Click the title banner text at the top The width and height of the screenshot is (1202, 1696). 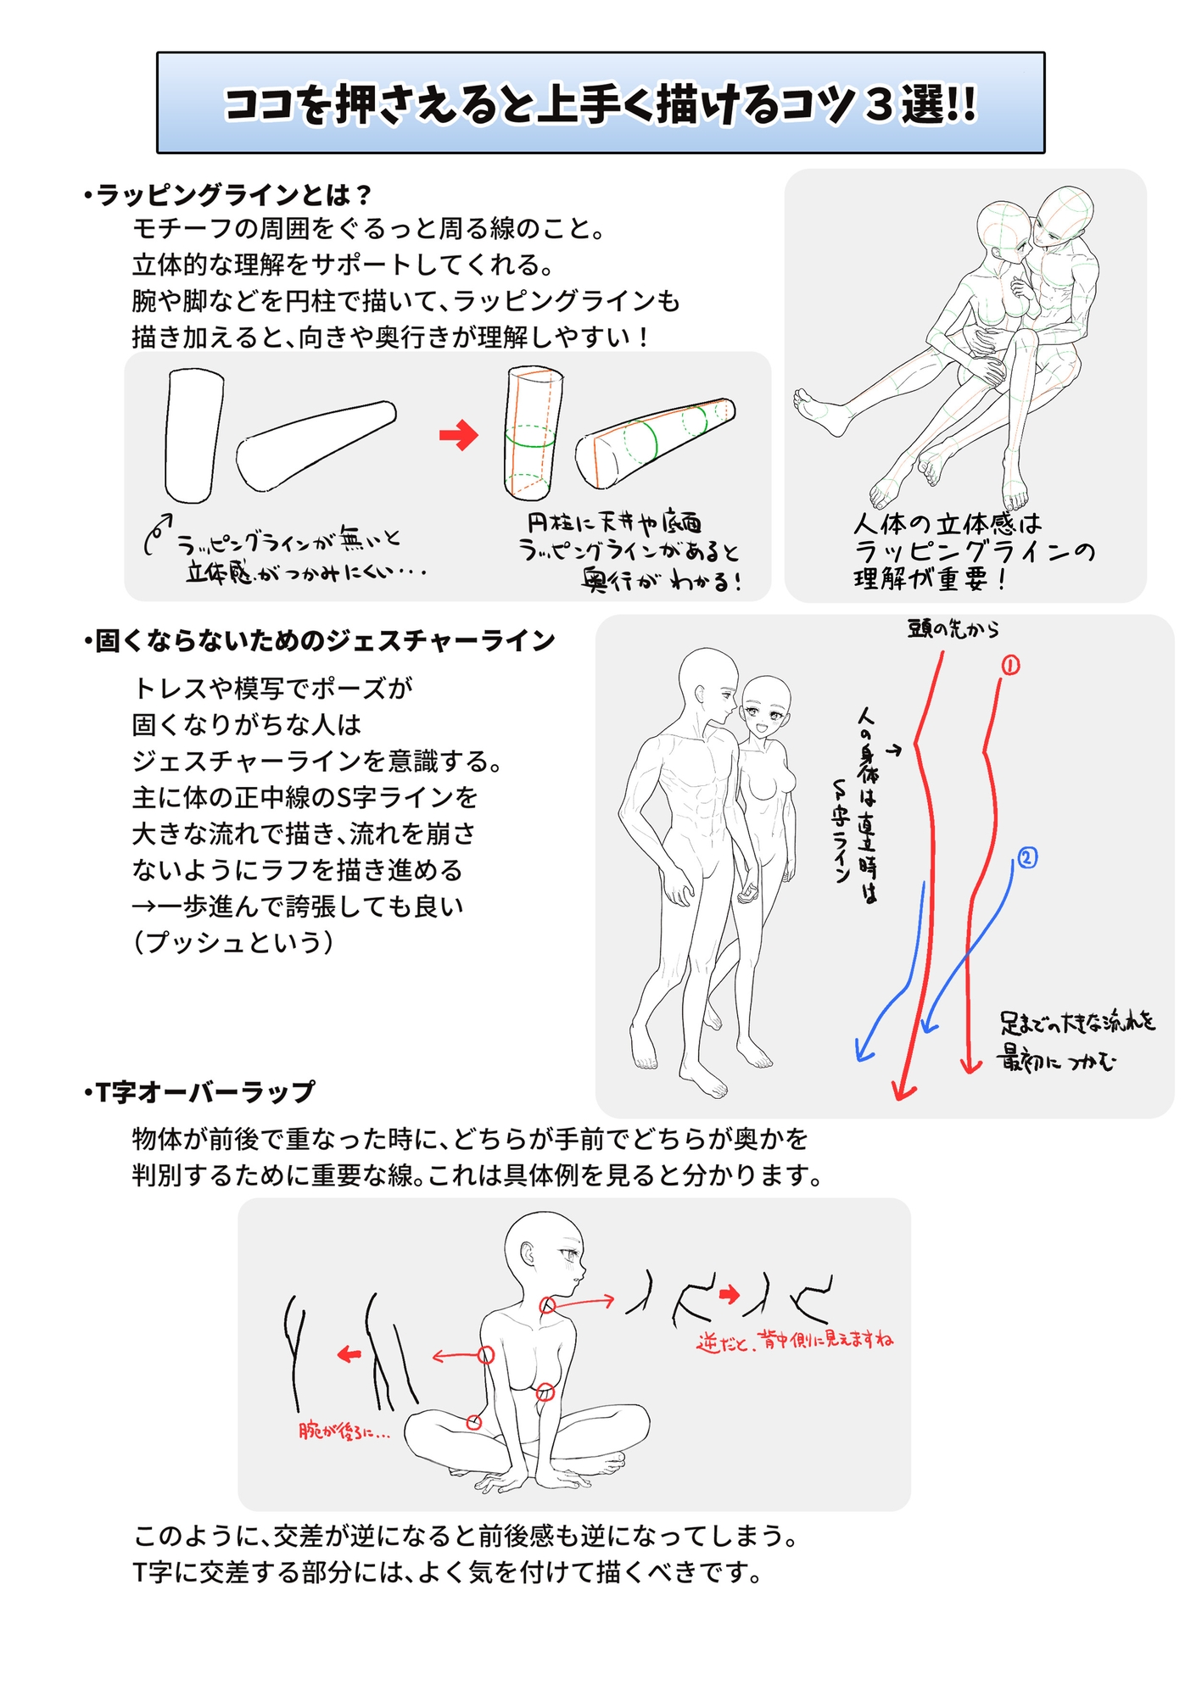point(600,104)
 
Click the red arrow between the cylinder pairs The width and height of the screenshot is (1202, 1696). point(459,436)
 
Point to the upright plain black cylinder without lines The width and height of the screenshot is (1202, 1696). point(193,435)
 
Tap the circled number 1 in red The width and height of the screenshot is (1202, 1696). point(1010,666)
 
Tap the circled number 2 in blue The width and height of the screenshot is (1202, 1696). point(1026,858)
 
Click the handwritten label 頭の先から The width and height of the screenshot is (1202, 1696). point(953,629)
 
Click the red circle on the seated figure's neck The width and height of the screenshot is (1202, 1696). point(548,1306)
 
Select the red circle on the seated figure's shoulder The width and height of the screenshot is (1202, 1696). point(486,1355)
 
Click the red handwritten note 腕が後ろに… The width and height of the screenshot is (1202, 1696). point(344,1431)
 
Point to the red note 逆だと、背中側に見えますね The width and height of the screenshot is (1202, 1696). point(795,1341)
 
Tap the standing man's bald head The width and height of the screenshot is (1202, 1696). point(707,674)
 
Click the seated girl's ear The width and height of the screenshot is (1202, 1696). point(527,1253)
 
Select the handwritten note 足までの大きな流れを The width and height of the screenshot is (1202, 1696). point(1077,1023)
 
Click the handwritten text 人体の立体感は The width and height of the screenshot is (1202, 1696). point(947,523)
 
